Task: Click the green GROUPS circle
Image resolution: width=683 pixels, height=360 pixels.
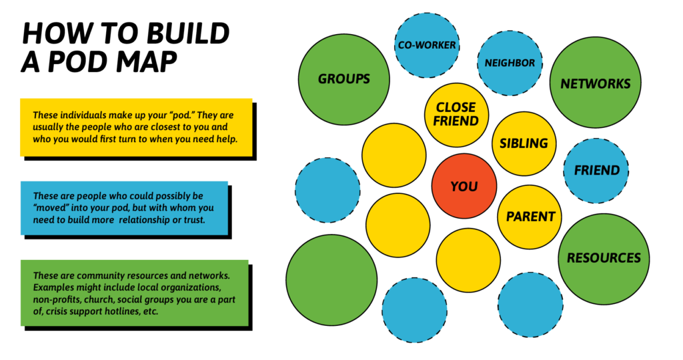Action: (344, 79)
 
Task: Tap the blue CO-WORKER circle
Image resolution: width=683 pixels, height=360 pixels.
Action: (427, 45)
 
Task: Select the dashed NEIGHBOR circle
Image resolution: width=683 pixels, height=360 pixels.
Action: (510, 63)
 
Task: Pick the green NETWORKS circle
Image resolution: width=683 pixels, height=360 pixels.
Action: (595, 83)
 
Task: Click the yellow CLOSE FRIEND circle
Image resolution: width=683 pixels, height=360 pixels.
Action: (456, 115)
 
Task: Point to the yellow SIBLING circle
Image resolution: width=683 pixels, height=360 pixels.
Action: (524, 143)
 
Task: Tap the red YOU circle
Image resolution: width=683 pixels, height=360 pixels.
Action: (464, 186)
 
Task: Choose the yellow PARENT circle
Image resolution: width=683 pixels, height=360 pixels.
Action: (530, 217)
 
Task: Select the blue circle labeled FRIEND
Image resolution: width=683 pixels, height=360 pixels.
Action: (597, 170)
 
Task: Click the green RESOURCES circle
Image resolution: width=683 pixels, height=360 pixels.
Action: (604, 258)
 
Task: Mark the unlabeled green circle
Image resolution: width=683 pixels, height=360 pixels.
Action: (331, 280)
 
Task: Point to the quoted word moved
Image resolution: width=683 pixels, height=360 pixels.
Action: (51, 208)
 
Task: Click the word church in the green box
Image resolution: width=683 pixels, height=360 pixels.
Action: (99, 300)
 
